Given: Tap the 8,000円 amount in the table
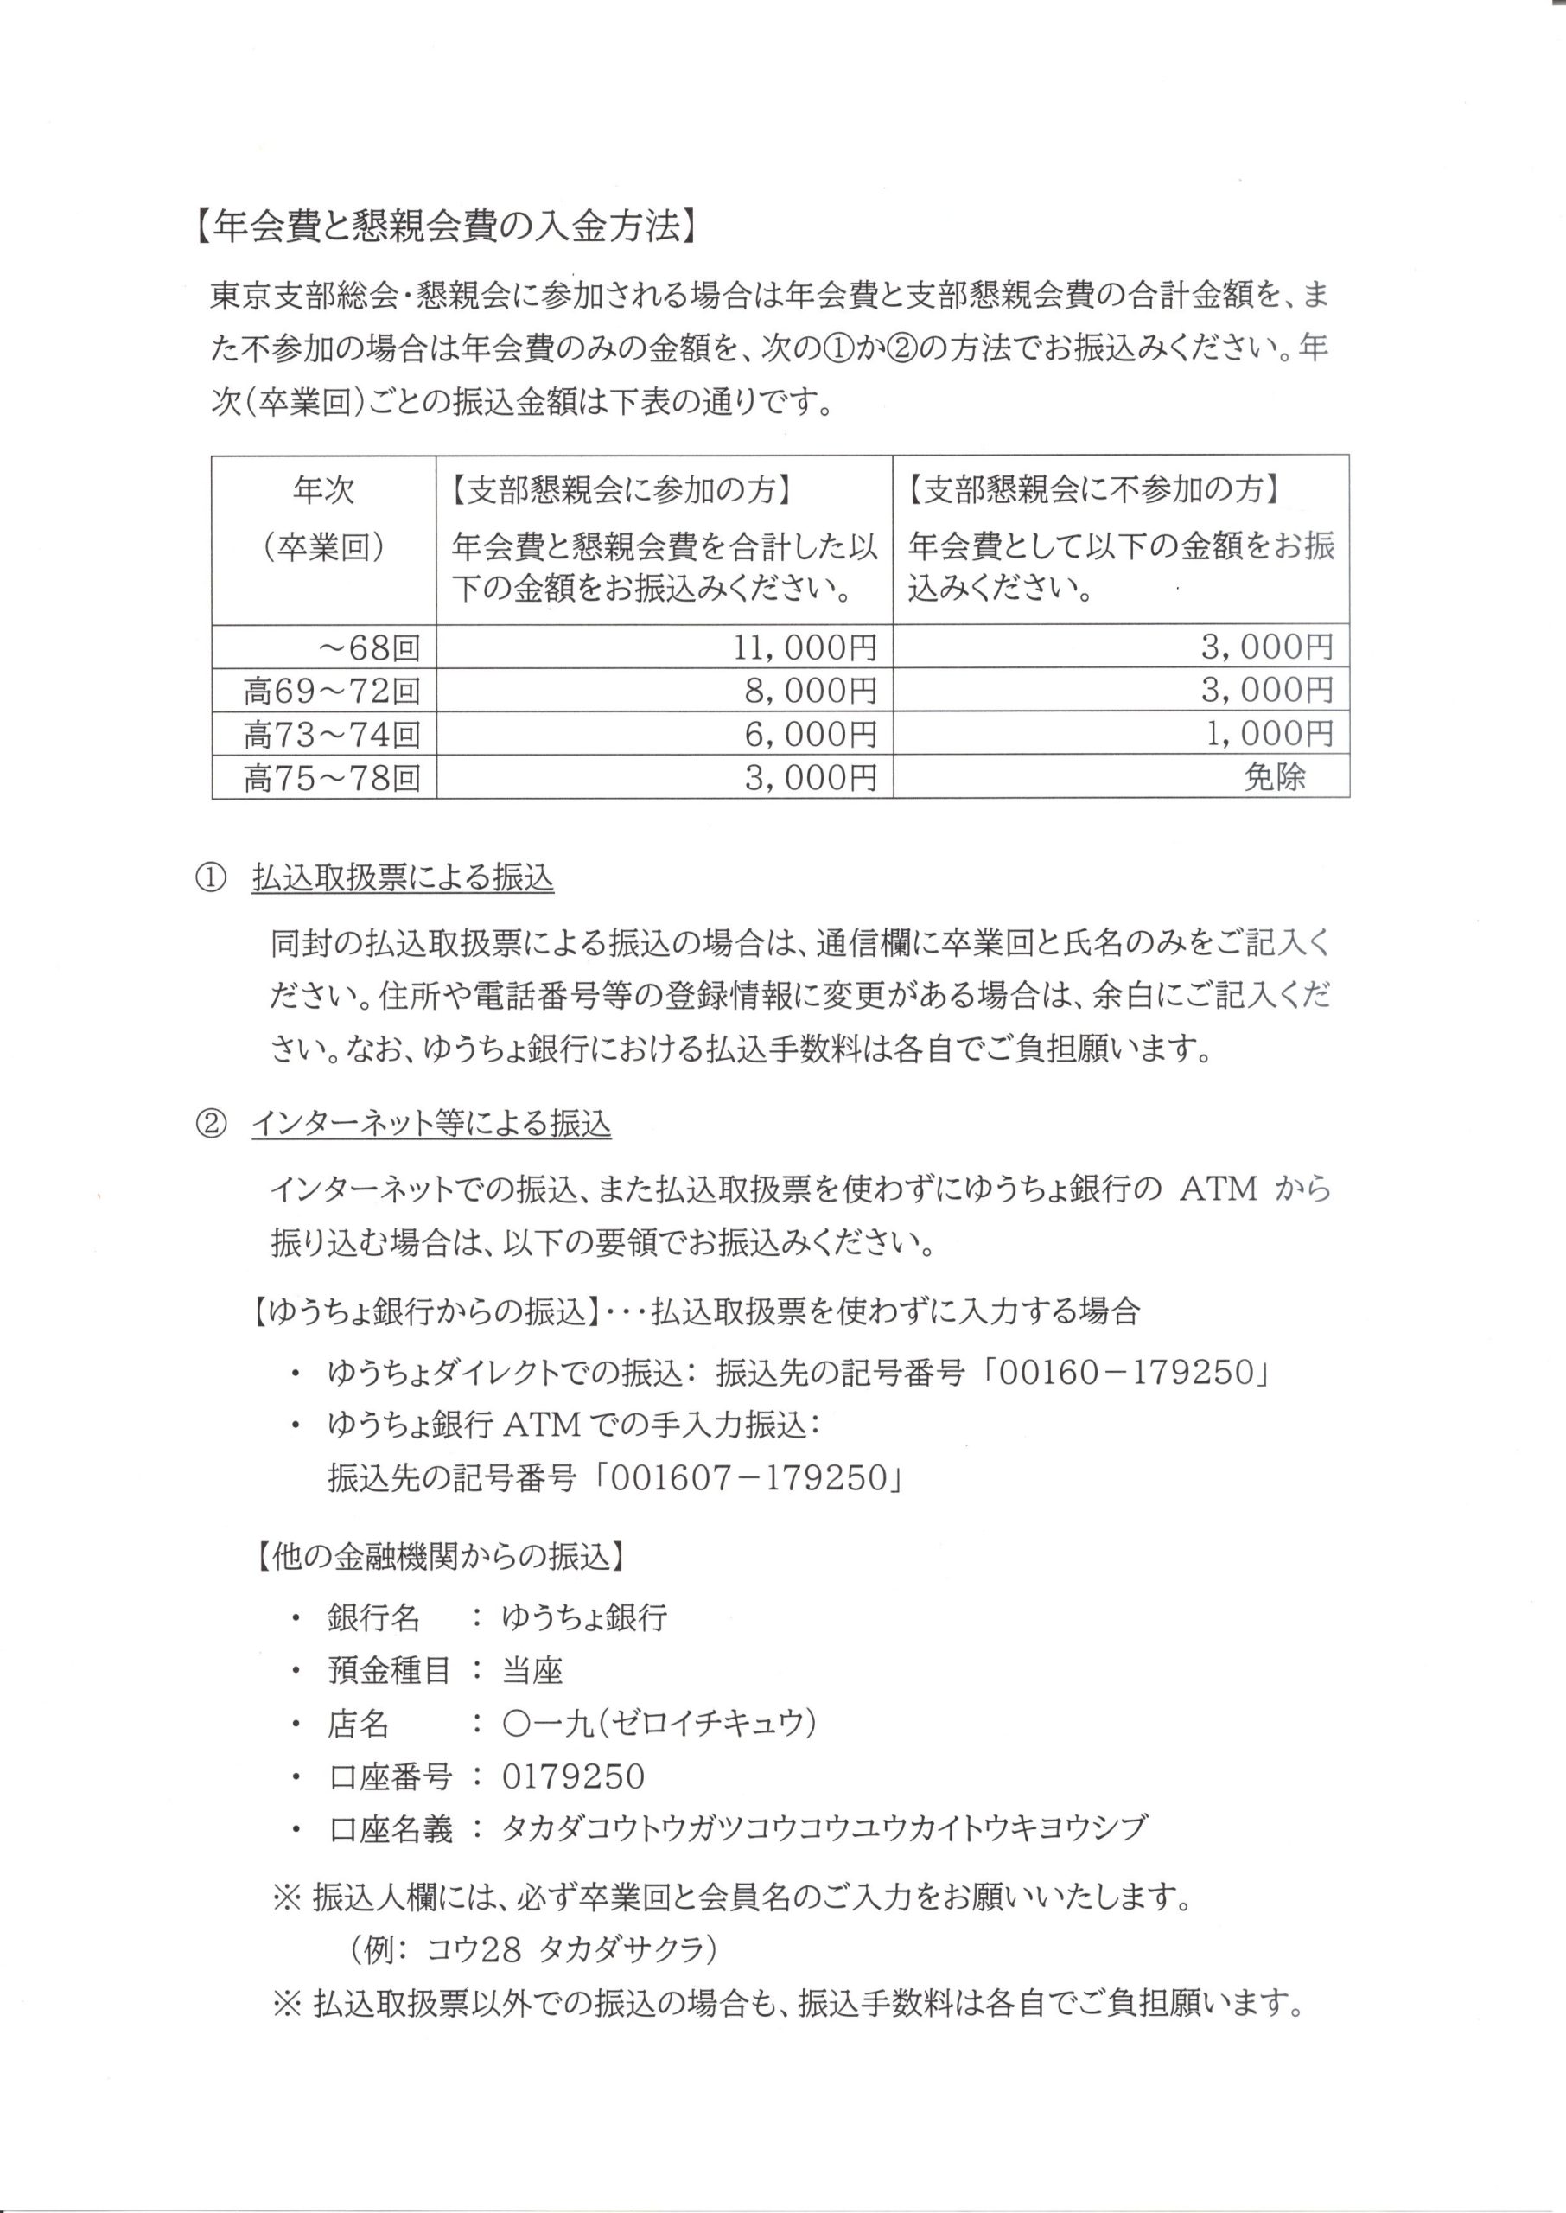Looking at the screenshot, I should coord(811,691).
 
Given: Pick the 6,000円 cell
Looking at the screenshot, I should coord(811,735).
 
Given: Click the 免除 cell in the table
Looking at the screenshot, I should coord(1274,777).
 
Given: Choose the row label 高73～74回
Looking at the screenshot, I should coord(332,735).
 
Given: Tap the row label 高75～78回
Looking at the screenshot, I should coord(332,778).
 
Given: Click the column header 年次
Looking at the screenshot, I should coord(324,491).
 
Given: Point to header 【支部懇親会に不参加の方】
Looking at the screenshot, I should coord(1093,491).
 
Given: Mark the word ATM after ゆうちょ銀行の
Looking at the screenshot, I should coord(1219,1189).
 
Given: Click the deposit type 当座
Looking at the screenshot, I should coord(532,1670).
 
